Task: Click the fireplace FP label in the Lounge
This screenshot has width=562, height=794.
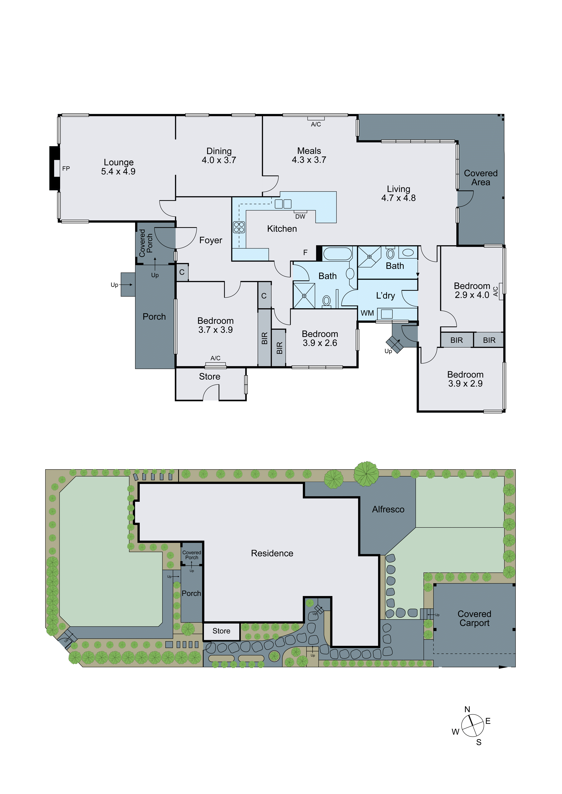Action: pos(66,169)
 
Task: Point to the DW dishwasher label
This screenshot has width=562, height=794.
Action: pos(300,217)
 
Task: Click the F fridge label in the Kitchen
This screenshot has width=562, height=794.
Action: pos(305,253)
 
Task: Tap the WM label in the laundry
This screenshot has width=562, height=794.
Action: pos(367,313)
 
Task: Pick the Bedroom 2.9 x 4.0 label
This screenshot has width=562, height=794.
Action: pos(472,290)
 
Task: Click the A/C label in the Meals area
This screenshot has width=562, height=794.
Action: pos(316,125)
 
